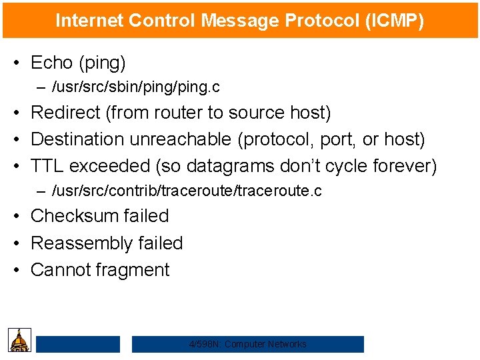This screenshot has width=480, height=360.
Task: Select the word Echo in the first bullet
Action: tap(52, 63)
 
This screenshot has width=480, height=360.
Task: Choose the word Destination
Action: tap(78, 139)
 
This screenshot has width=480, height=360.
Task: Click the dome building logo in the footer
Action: tap(20, 340)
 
